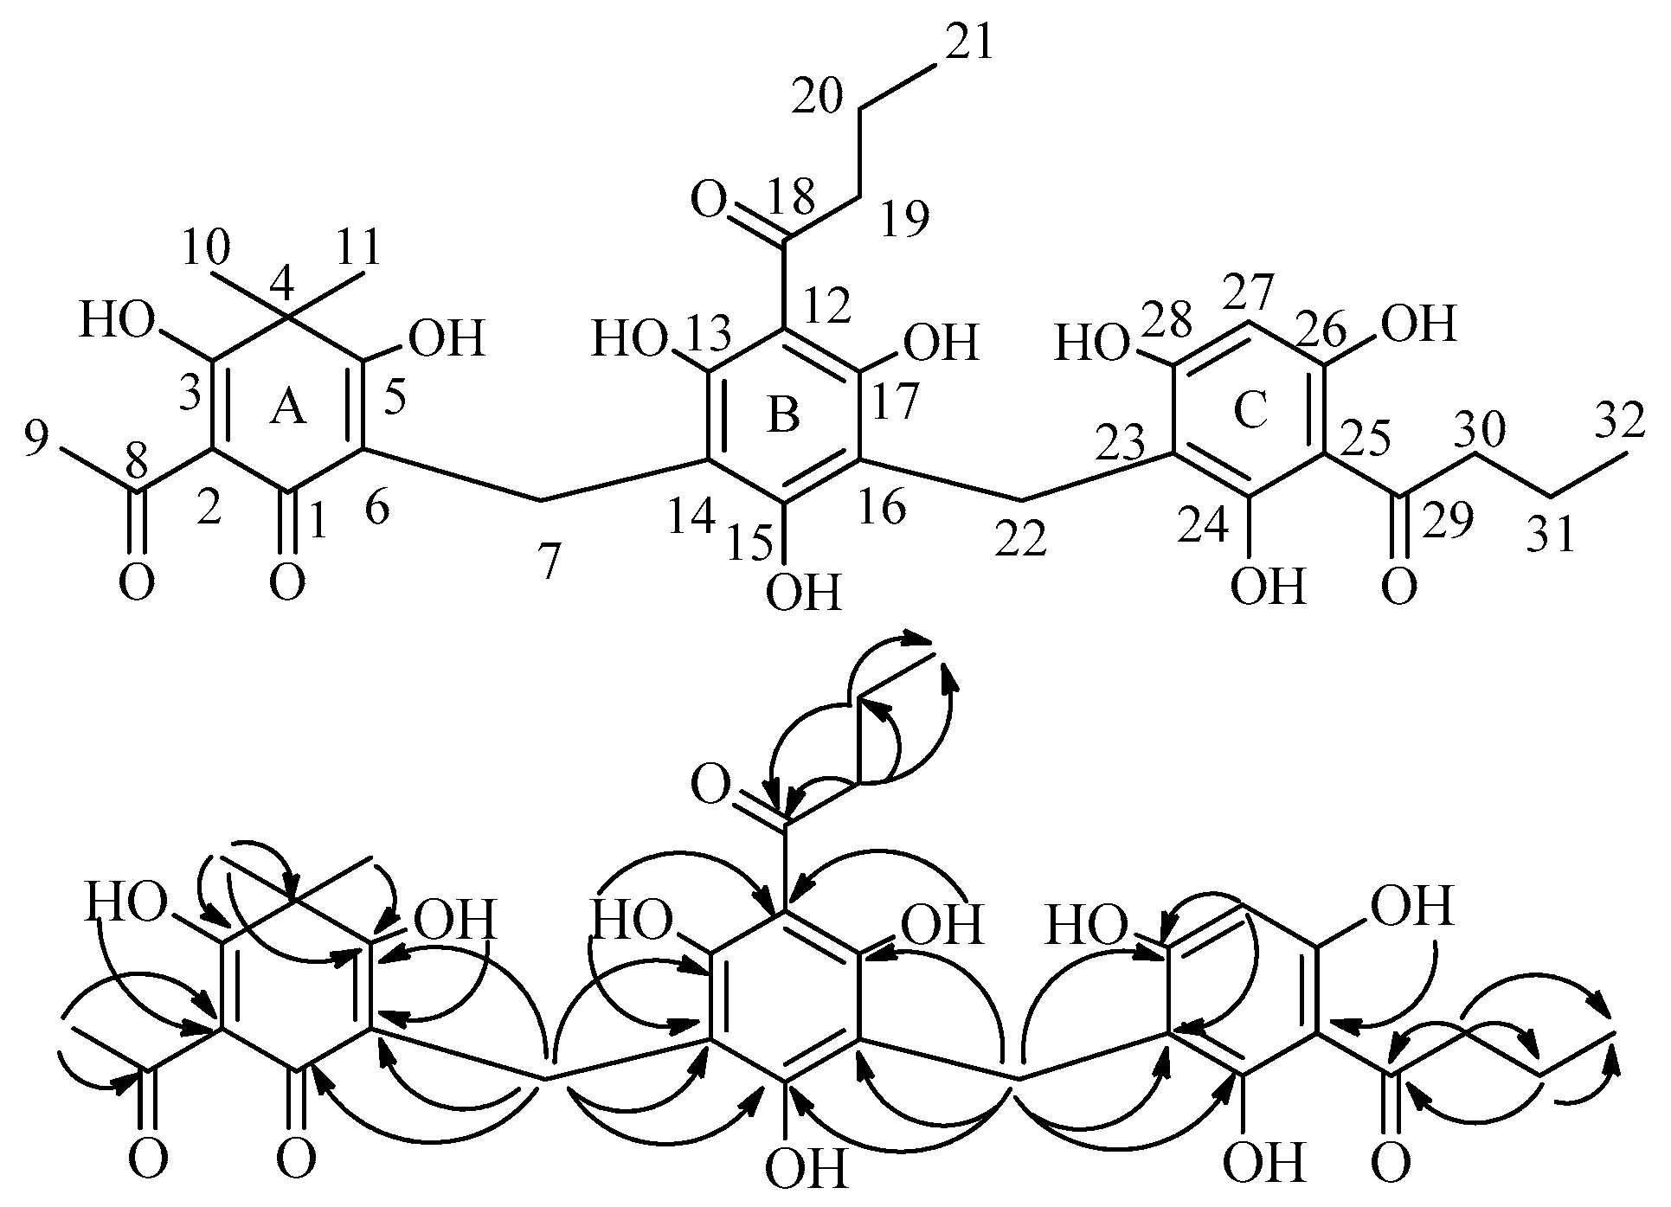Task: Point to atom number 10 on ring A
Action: [x=205, y=248]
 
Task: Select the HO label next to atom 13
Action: [x=629, y=339]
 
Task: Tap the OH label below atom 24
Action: [x=1268, y=587]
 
